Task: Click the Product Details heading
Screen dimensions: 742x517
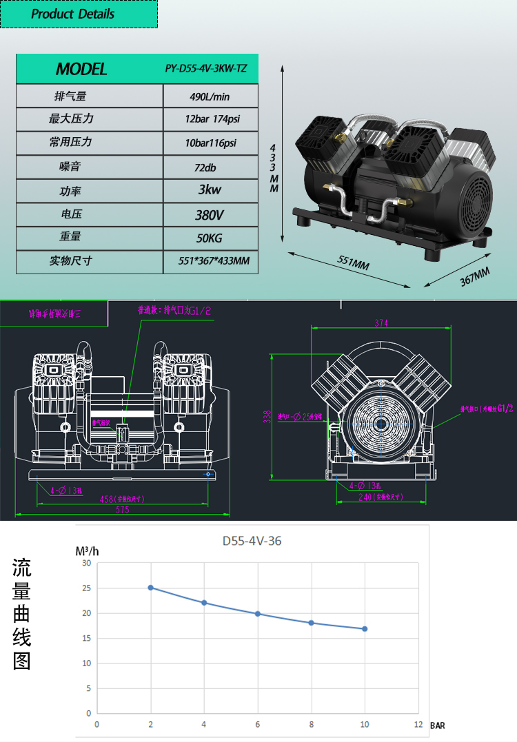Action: tap(73, 14)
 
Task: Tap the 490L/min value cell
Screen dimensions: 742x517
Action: tap(210, 96)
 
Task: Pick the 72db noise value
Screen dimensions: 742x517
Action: tap(210, 167)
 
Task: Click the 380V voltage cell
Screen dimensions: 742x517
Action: tap(210, 215)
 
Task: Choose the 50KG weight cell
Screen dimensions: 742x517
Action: tap(210, 238)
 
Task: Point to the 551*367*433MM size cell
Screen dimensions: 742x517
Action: tap(210, 261)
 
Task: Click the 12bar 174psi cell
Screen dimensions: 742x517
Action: tap(210, 119)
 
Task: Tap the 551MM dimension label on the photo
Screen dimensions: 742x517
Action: tap(353, 264)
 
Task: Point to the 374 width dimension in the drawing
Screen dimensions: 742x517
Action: tap(381, 322)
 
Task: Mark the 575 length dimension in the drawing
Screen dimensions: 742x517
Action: tap(121, 509)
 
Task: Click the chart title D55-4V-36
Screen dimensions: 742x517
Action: tap(252, 541)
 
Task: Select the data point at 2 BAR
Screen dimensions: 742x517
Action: tap(150, 588)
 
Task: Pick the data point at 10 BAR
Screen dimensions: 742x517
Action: tap(365, 628)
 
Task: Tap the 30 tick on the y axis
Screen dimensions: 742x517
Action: tap(86, 563)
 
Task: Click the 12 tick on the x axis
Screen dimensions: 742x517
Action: tap(418, 724)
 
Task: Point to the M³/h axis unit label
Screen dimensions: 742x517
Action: tap(88, 551)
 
